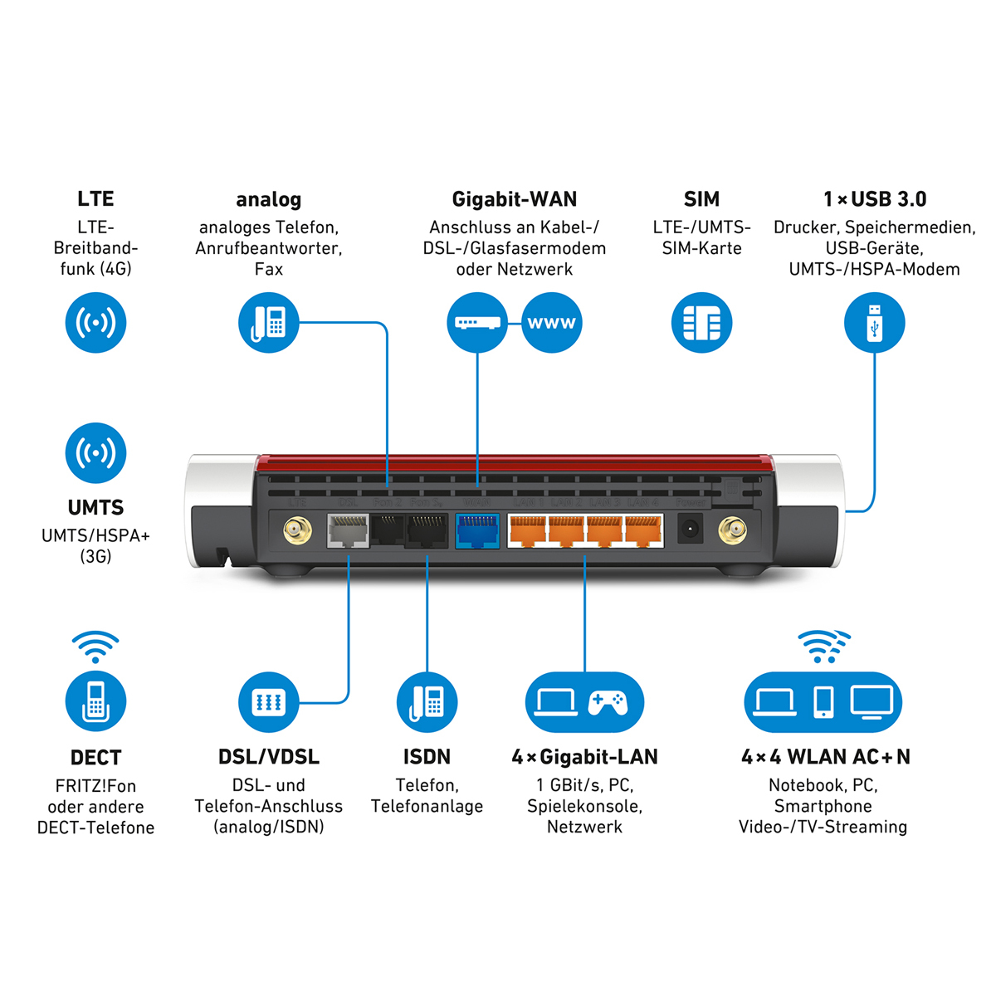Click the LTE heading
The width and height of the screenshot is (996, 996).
point(95,199)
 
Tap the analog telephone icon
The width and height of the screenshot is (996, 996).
point(268,323)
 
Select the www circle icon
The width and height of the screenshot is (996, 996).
point(552,323)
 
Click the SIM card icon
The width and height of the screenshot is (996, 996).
point(701,323)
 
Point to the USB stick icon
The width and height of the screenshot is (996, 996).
point(874,323)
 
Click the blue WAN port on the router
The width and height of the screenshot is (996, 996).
point(477,531)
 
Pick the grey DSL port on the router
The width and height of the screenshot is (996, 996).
point(349,531)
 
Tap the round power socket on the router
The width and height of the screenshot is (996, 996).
point(690,529)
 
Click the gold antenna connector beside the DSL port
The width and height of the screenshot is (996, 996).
point(297,530)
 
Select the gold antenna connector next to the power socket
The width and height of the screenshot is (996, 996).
point(731,529)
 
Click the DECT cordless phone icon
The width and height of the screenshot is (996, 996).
point(95,701)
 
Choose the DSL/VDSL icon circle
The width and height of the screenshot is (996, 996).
point(268,702)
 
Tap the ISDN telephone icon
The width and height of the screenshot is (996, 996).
point(427,702)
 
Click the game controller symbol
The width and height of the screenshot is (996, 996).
point(608,702)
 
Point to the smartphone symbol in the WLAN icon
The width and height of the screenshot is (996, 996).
point(823,702)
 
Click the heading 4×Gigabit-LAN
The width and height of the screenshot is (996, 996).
point(584,757)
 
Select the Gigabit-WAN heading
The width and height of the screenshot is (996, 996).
point(514,199)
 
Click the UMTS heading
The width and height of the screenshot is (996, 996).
point(95,507)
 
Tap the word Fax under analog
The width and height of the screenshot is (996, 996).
point(268,269)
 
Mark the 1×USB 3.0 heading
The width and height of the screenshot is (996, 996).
point(874,199)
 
